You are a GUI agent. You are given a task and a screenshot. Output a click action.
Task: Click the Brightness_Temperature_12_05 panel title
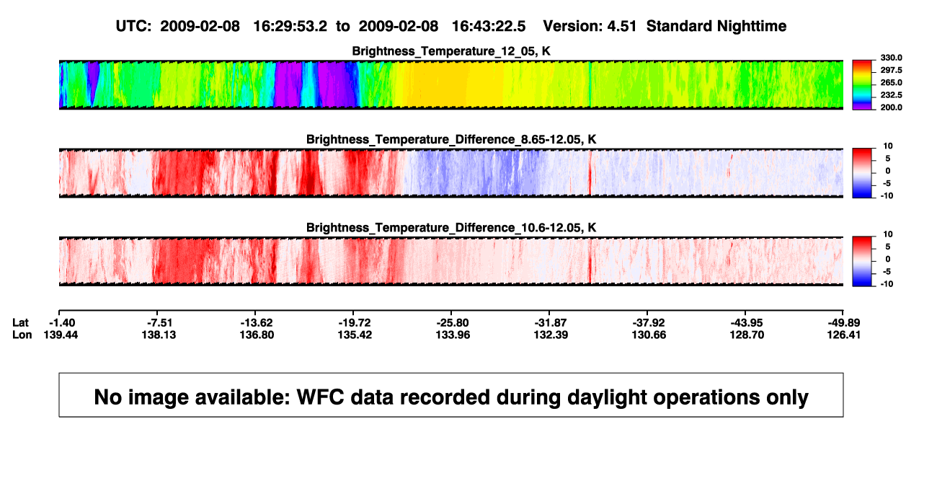coord(451,51)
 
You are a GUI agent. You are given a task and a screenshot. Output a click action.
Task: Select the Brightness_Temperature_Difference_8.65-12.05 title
coord(451,139)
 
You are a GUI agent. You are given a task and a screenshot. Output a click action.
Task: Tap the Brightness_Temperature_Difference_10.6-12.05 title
coord(451,228)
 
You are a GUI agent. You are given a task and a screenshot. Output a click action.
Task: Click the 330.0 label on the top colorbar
coord(891,58)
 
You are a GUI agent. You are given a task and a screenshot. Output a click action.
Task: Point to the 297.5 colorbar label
coord(891,70)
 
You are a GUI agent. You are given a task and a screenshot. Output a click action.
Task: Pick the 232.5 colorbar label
coord(891,95)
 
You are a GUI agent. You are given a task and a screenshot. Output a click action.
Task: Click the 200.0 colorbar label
coord(891,107)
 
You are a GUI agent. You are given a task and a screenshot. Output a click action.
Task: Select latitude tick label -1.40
coord(62,323)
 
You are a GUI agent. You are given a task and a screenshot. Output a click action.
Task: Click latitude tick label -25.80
coord(453,323)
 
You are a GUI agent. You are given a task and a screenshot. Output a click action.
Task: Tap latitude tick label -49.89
coord(843,323)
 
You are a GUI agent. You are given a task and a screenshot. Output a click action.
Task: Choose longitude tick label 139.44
coord(61,335)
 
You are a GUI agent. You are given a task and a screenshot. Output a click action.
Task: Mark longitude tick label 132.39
coord(551,335)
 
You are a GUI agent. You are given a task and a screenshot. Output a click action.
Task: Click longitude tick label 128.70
coord(747,335)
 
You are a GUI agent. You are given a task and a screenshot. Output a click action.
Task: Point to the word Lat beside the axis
coord(20,323)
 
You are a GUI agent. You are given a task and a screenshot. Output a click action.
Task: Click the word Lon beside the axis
coord(22,335)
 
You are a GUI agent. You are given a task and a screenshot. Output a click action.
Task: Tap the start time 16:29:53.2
coord(290,27)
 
